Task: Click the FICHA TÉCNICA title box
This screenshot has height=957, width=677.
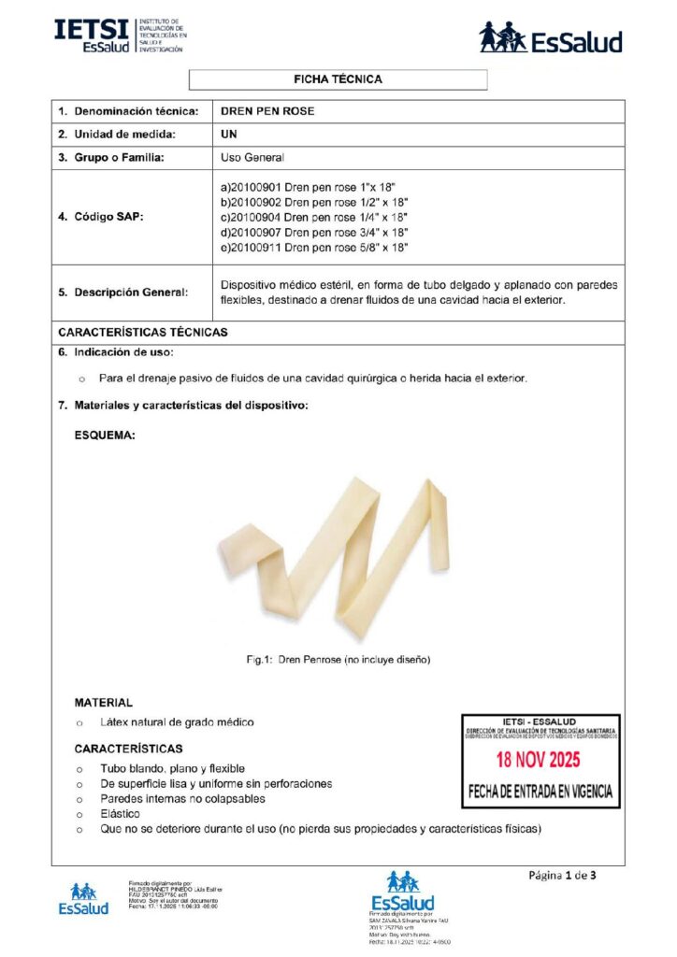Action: pos(338,79)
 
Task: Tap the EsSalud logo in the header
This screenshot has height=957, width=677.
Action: pos(550,38)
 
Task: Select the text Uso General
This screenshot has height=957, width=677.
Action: pos(252,158)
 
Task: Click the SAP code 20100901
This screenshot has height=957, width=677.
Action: pos(254,187)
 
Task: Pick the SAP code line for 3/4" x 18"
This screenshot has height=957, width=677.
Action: pos(314,232)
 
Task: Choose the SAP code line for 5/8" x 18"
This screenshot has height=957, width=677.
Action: pos(314,247)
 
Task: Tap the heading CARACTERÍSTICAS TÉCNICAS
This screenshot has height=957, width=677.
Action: pos(142,332)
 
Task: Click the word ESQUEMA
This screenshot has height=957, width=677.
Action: pos(105,435)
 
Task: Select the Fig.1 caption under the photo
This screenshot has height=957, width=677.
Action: pos(338,660)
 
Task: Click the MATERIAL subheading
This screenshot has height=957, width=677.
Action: pos(104,702)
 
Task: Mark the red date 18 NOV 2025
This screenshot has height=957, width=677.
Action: pos(538,759)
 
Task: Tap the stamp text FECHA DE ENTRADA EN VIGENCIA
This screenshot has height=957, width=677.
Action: pos(540,791)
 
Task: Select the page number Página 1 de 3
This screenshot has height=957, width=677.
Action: pos(562,876)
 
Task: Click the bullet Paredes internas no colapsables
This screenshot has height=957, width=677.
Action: pos(182,799)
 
